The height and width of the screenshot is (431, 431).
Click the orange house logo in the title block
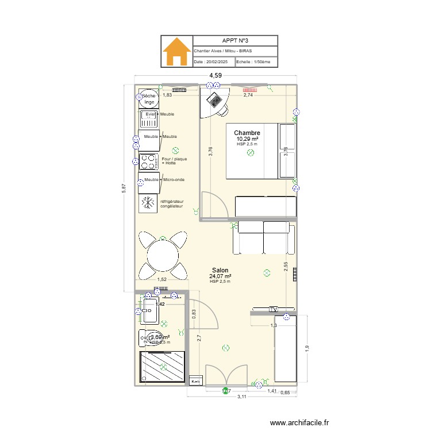pos(176,52)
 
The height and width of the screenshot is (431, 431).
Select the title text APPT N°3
pos(235,41)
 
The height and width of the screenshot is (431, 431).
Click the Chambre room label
pos(247,133)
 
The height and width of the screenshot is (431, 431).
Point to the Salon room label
pos(220,270)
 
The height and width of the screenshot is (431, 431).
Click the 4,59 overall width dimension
pos(215,75)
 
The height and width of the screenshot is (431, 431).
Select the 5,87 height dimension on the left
pos(123,188)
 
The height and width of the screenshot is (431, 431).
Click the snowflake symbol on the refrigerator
pos(148,203)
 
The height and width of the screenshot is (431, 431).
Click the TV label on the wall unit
pos(274,309)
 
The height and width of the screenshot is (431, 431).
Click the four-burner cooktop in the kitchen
pos(149,161)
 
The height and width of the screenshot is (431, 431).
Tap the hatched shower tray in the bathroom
pos(163,366)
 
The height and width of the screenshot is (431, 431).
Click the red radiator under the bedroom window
pos(249,90)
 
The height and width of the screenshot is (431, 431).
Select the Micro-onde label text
pos(174,180)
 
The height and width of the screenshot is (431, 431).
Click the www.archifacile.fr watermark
pos(300,423)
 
